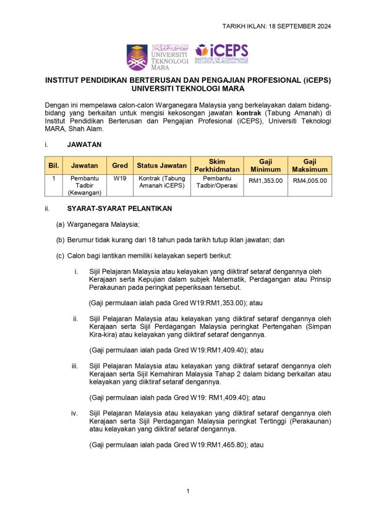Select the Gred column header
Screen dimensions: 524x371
120,166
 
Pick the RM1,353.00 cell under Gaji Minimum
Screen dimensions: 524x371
265,181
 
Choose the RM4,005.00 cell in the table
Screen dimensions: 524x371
310,181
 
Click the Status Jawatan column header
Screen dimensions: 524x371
161,166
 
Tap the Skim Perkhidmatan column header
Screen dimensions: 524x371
217,166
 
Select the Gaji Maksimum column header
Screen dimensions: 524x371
310,166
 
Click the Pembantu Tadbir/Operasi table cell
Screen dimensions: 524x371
217,182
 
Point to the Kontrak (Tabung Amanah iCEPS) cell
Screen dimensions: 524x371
161,182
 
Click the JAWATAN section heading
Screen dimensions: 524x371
85,144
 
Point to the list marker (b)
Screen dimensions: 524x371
60,239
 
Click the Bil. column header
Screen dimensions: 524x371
53,166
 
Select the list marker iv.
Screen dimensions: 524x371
75,413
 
